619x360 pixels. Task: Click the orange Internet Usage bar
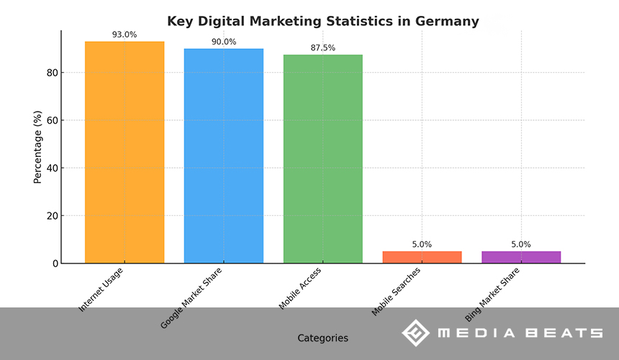[x=125, y=152]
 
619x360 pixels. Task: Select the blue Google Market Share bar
[x=224, y=156]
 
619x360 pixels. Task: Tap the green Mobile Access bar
[x=322, y=158]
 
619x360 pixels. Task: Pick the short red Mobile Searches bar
[x=422, y=257]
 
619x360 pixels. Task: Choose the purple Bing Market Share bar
[x=521, y=257]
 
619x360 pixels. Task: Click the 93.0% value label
[x=125, y=35]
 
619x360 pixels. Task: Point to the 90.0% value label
[x=224, y=42]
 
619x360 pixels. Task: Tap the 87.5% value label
[x=322, y=48]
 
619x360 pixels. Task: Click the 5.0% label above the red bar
[x=422, y=244]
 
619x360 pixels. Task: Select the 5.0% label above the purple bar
[x=521, y=244]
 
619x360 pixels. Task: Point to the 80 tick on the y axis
[x=52, y=73]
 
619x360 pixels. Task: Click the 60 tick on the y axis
[x=52, y=120]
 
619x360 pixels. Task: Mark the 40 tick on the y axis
[x=52, y=168]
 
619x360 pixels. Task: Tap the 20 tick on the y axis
[x=52, y=216]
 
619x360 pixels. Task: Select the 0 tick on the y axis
[x=55, y=264]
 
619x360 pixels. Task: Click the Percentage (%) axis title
[x=37, y=147]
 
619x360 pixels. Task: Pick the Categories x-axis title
[x=322, y=338]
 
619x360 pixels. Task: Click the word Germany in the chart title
[x=447, y=22]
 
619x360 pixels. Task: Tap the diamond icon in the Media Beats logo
[x=415, y=333]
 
